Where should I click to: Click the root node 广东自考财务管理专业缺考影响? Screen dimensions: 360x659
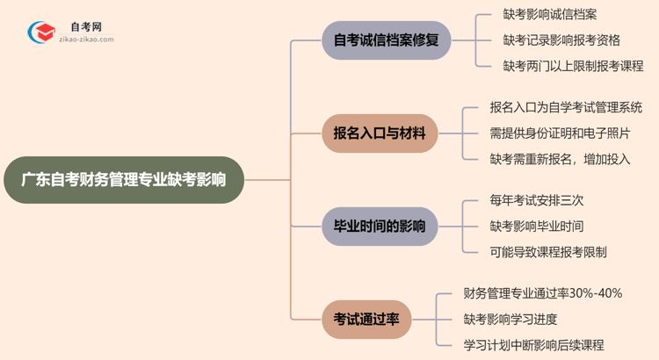pos(122,180)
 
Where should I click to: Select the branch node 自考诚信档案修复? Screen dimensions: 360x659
pos(386,40)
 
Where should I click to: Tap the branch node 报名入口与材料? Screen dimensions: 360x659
pos(380,133)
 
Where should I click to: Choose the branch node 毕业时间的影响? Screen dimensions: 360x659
pos(380,227)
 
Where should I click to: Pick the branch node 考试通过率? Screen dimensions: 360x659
pos(366,319)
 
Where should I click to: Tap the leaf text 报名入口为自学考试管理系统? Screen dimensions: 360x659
pos(566,108)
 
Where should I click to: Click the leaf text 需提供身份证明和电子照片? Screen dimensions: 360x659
pos(560,133)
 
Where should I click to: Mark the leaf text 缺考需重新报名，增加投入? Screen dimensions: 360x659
pos(560,159)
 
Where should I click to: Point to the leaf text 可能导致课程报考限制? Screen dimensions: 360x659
pos(548,252)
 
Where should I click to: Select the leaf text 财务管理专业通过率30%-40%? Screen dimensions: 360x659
pos(542,293)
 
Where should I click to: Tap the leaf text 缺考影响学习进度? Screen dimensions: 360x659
pos(511,319)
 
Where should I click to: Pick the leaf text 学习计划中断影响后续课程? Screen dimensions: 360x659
pos(534,344)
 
